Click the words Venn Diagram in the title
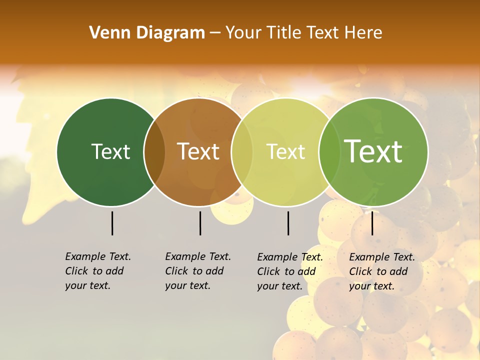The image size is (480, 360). [x=147, y=33]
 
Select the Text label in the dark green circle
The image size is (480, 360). [x=110, y=151]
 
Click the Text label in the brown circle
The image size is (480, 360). [x=198, y=151]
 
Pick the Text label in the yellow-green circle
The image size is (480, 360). [x=286, y=151]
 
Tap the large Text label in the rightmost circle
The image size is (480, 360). [x=373, y=151]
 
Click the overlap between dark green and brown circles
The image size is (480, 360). [x=154, y=151]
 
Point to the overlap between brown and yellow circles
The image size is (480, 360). [x=242, y=151]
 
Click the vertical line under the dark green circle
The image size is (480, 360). [x=112, y=223]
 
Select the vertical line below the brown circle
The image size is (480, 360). [x=200, y=223]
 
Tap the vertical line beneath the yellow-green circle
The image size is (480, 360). [x=288, y=223]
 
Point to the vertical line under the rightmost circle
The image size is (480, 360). [x=372, y=223]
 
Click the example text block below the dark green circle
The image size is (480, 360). [x=98, y=271]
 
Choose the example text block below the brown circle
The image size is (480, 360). [x=198, y=271]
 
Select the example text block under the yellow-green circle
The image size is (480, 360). [x=290, y=271]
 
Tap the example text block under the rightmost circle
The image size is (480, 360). [x=382, y=271]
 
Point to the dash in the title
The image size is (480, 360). [x=215, y=33]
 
